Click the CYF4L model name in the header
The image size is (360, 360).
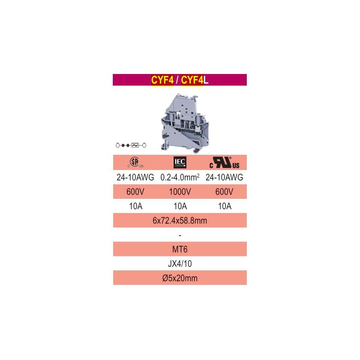pyautogui.click(x=194, y=80)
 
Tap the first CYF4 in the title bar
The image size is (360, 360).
pyautogui.click(x=162, y=80)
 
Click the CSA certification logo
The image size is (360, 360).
pyautogui.click(x=136, y=162)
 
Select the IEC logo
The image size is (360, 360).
pyautogui.click(x=180, y=162)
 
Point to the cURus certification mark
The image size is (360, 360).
pyautogui.click(x=224, y=162)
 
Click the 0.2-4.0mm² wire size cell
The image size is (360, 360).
pyautogui.click(x=180, y=177)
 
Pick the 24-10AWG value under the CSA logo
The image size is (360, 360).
pyautogui.click(x=136, y=177)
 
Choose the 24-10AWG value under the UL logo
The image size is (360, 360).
pyautogui.click(x=224, y=177)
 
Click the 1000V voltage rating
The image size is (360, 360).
pyautogui.click(x=180, y=192)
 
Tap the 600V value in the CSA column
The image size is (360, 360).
pyautogui.click(x=136, y=192)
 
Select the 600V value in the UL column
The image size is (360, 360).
pyautogui.click(x=224, y=192)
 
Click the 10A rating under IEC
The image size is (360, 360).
pyautogui.click(x=180, y=206)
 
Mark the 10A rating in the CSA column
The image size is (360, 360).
pyautogui.click(x=136, y=206)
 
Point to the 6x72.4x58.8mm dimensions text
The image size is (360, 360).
pyautogui.click(x=180, y=221)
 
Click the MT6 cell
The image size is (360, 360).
pyautogui.click(x=180, y=249)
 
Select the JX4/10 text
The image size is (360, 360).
pyautogui.click(x=180, y=264)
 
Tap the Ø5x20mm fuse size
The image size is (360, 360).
pyautogui.click(x=180, y=278)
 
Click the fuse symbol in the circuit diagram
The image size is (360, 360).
pyautogui.click(x=135, y=145)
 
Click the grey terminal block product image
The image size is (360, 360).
pyautogui.click(x=185, y=123)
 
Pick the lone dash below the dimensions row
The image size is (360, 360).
pyautogui.click(x=180, y=236)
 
